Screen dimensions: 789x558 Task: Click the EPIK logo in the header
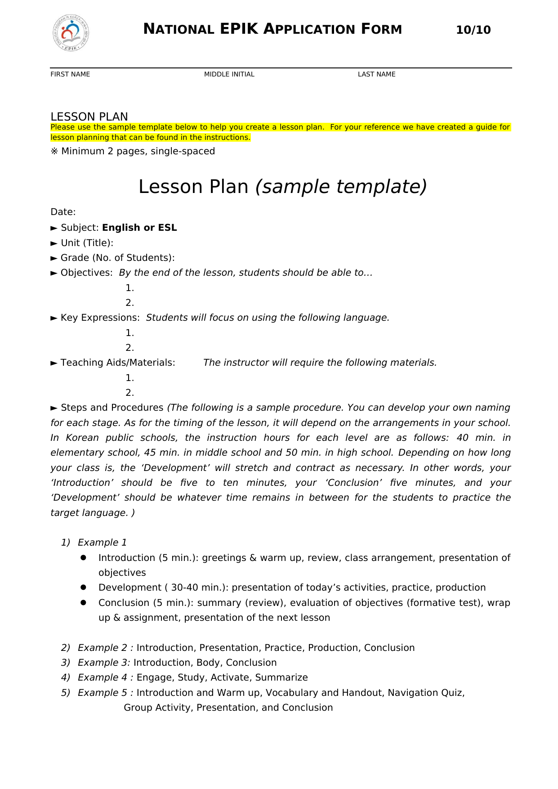point(71,33)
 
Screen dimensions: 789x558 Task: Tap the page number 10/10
point(473,30)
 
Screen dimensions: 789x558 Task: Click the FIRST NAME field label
point(70,74)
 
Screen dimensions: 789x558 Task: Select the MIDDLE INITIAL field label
point(229,74)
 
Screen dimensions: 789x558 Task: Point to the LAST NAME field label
point(376,74)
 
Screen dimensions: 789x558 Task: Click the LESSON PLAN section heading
point(89,117)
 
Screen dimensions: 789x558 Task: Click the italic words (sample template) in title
point(340,187)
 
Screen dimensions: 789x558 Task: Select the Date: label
point(63,212)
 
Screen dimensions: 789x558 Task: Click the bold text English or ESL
point(139,228)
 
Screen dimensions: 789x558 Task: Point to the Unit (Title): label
point(87,243)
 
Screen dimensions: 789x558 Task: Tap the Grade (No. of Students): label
point(117,258)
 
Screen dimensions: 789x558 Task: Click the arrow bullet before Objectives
point(54,273)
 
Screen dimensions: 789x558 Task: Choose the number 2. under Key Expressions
point(129,348)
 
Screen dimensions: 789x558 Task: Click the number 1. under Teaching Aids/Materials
point(129,378)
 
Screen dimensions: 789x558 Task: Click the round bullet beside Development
point(83,587)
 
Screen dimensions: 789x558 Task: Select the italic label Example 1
point(102,542)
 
